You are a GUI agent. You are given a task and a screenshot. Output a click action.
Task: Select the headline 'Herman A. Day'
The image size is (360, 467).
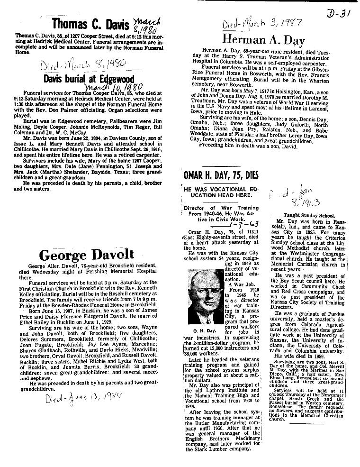(264, 40)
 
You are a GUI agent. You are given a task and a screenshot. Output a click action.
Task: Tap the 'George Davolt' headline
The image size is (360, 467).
(86, 255)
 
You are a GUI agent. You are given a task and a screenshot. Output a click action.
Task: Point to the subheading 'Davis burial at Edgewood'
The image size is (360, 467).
(89, 79)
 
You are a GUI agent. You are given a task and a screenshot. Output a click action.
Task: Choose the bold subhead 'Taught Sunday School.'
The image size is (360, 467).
(294, 215)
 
